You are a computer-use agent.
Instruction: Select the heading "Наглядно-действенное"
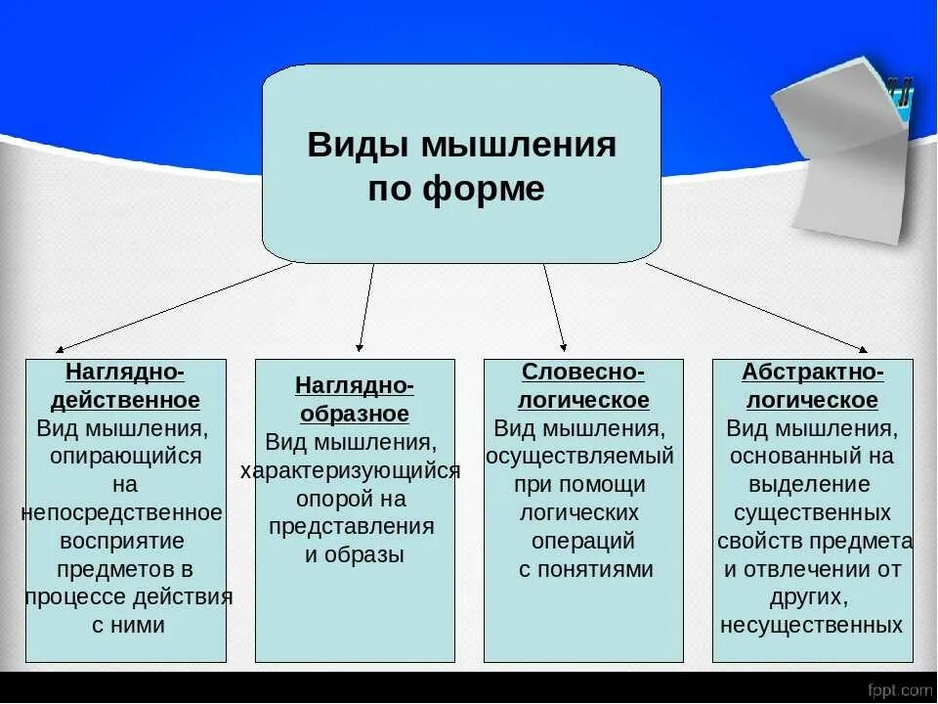[125, 386]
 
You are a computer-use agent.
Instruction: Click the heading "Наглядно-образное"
[354, 399]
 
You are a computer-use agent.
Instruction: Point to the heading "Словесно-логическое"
[583, 386]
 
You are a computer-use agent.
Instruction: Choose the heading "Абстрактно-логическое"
[813, 386]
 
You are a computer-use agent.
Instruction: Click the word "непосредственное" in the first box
[122, 512]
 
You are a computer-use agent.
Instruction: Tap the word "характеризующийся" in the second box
[351, 470]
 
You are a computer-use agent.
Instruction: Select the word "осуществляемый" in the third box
[580, 456]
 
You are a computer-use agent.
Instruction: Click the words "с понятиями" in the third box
[584, 569]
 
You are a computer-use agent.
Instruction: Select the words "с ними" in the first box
[128, 626]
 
